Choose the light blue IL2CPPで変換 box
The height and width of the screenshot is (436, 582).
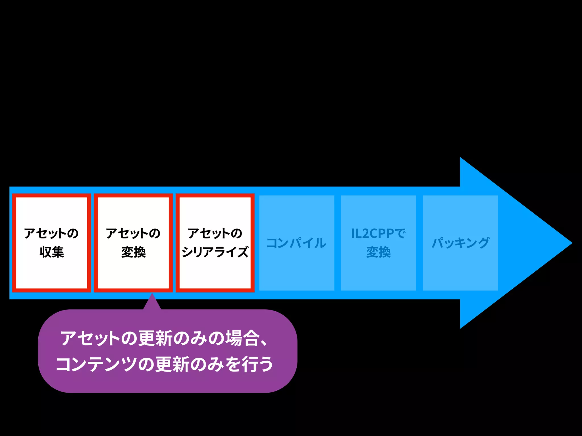click(378, 272)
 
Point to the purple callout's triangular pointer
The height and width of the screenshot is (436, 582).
click(152, 303)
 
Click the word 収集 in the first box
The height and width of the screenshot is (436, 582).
click(52, 252)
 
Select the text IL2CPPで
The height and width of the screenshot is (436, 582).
click(378, 233)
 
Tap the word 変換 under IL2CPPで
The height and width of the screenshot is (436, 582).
click(378, 252)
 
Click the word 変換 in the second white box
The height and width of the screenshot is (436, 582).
click(133, 252)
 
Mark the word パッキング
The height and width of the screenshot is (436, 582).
click(460, 243)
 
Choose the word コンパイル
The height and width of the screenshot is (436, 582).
click(296, 243)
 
